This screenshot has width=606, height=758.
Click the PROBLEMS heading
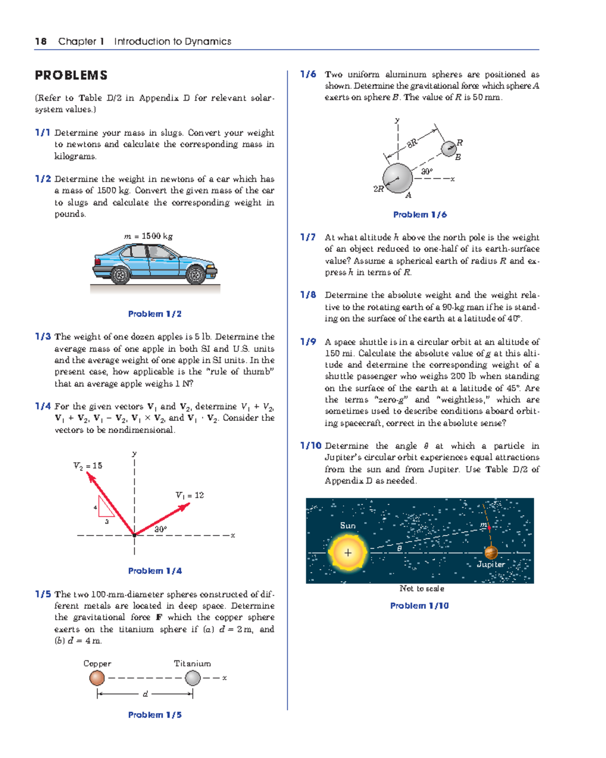pyautogui.click(x=71, y=75)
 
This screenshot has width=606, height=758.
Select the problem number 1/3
pyautogui.click(x=43, y=337)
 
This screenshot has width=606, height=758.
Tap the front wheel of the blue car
pyautogui.click(x=195, y=275)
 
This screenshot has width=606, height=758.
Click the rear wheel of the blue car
pyautogui.click(x=120, y=275)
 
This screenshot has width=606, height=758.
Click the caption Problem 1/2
pyautogui.click(x=155, y=314)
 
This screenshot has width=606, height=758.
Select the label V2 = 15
pyautogui.click(x=88, y=465)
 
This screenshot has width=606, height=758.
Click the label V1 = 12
pyautogui.click(x=189, y=495)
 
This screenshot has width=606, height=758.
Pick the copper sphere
pyautogui.click(x=97, y=678)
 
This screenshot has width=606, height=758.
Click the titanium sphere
pyautogui.click(x=192, y=678)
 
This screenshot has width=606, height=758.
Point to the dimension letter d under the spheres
pyautogui.click(x=145, y=694)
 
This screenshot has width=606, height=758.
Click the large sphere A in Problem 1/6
pyautogui.click(x=398, y=178)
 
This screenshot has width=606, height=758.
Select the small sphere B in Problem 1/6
pyautogui.click(x=448, y=149)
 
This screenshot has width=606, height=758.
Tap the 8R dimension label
pyautogui.click(x=413, y=143)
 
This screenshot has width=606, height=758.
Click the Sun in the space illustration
pyautogui.click(x=347, y=552)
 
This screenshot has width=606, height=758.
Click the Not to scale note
pyautogui.click(x=422, y=588)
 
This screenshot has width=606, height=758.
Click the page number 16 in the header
pyautogui.click(x=40, y=41)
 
